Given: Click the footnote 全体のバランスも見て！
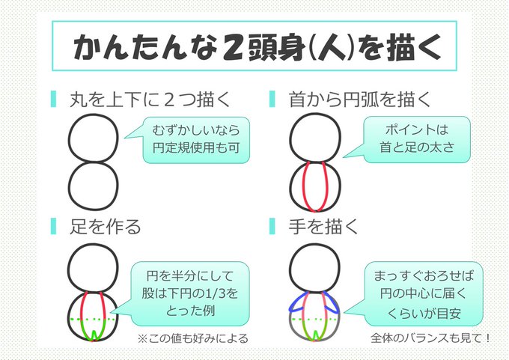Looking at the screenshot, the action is tap(431, 338).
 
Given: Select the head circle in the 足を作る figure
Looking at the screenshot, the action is tap(93, 268).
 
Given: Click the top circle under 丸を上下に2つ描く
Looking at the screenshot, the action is tap(93, 137).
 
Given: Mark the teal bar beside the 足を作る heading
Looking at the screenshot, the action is tap(53, 224).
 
